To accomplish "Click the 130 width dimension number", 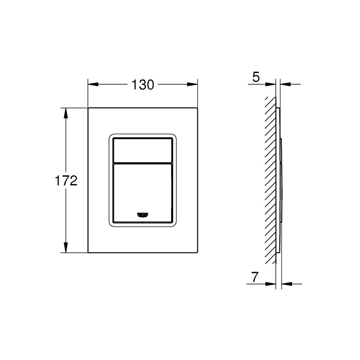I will tap(143, 85).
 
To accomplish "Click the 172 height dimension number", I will tap(66, 180).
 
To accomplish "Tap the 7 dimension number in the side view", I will tap(255, 277).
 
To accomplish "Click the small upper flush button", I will tap(143, 150).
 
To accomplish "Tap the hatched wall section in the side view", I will tap(270, 180).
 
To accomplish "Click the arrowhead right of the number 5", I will tap(271, 85).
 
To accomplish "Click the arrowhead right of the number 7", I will tap(271, 284).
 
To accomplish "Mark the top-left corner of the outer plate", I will tap(88, 108).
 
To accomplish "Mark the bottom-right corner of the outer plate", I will tap(198, 253).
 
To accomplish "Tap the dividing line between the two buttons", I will tap(143, 163).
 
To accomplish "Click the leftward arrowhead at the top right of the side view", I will tap(285, 85).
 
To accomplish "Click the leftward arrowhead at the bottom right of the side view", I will tap(287, 284).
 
